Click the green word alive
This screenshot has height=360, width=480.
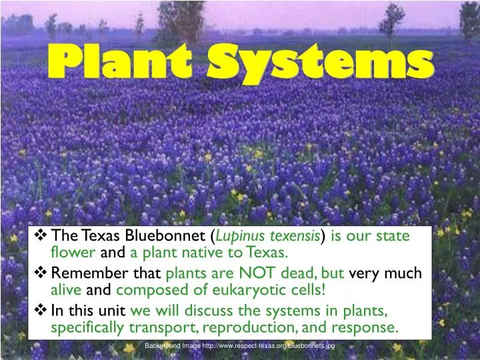click(67, 290)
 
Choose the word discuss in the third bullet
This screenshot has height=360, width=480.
click(205, 311)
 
